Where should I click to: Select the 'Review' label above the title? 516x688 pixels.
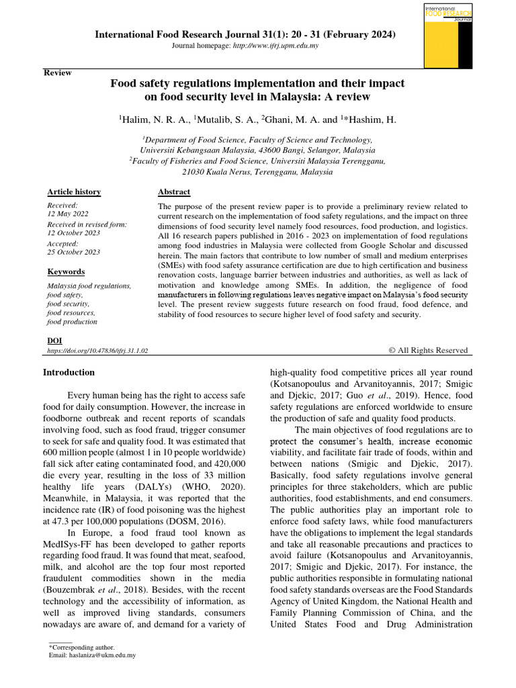pyautogui.click(x=58, y=73)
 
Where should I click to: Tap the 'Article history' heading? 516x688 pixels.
pyautogui.click(x=74, y=191)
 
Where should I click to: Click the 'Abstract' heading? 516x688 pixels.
pyautogui.click(x=173, y=191)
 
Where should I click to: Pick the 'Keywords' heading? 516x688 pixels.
pyautogui.click(x=66, y=271)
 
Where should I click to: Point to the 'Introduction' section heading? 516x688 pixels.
pyautogui.click(x=69, y=372)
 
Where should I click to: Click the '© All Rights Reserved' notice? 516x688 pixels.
pyautogui.click(x=428, y=350)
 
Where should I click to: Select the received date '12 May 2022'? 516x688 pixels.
pyautogui.click(x=67, y=214)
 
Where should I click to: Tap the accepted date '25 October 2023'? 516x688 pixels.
pyautogui.click(x=74, y=252)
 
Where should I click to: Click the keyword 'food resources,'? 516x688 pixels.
pyautogui.click(x=71, y=312)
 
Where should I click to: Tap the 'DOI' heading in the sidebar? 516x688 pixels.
pyautogui.click(x=54, y=341)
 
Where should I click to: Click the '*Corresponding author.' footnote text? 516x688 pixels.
pyautogui.click(x=82, y=647)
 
